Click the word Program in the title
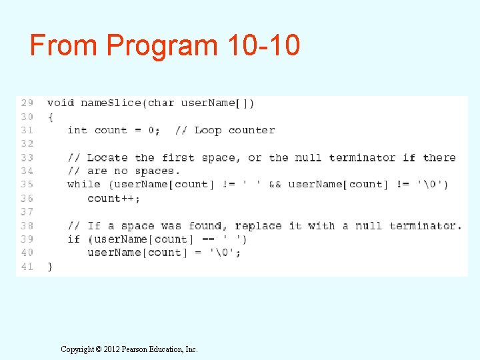click(162, 45)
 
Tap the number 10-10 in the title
click(263, 45)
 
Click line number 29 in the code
click(27, 103)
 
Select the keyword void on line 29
click(60, 103)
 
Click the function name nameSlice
click(111, 103)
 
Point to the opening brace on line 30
click(50, 117)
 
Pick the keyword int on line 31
click(77, 130)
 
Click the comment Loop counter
click(234, 130)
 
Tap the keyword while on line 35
click(84, 184)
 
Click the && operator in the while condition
click(275, 184)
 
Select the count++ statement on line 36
click(113, 198)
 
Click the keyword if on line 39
click(74, 239)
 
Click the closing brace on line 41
click(50, 266)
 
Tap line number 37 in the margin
click(27, 211)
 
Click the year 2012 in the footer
click(110, 349)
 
